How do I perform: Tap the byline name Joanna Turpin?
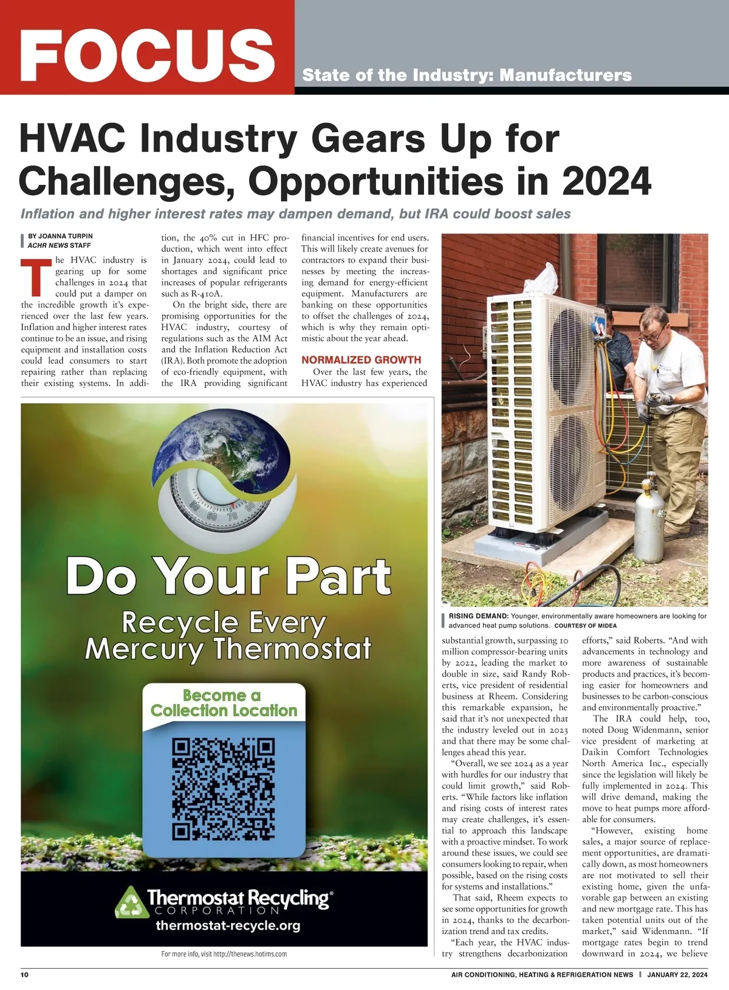(x=61, y=236)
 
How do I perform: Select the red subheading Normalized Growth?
(x=361, y=360)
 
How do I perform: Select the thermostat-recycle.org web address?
(x=228, y=926)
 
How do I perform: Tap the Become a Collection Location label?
(x=224, y=703)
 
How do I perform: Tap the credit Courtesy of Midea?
(x=585, y=625)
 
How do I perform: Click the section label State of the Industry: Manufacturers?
(x=467, y=75)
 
